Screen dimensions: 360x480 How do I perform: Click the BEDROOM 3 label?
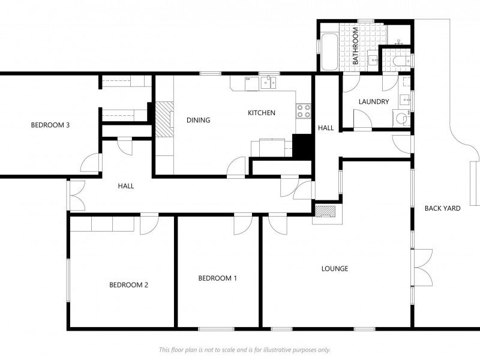point(51,125)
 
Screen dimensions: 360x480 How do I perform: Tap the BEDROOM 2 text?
point(128,285)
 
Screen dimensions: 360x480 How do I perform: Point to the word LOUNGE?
point(335,268)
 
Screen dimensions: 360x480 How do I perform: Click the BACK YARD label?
point(442,208)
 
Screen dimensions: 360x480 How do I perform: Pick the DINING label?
point(198,120)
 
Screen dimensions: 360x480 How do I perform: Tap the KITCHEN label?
point(262,113)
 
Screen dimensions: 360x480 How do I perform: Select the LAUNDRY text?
point(374,102)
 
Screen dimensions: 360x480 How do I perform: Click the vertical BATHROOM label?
point(355,46)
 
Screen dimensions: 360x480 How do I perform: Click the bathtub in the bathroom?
point(329,53)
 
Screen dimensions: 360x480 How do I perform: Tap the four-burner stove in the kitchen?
point(304,110)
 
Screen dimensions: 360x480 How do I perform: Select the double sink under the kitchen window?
point(268,83)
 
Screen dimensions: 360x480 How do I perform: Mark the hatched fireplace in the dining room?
point(164,119)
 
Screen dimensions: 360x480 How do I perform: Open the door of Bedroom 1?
point(243,223)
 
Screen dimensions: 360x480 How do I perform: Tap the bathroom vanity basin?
point(373,59)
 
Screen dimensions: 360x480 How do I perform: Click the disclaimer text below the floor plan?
point(244,349)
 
